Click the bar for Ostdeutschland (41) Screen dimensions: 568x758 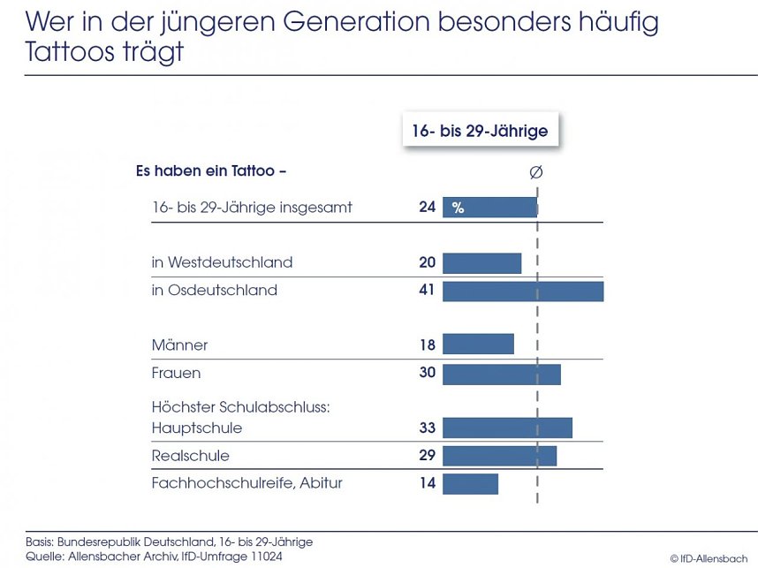[523, 291]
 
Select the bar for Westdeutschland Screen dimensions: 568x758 [481, 263]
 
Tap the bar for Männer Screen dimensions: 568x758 [478, 345]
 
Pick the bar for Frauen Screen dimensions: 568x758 [501, 374]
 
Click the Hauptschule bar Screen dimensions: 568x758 [507, 428]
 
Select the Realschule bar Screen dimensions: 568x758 [499, 456]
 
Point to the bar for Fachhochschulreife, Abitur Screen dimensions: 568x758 [470, 484]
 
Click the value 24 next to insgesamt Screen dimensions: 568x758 [428, 208]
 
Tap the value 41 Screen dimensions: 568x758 [428, 290]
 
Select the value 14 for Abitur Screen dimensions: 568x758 [428, 483]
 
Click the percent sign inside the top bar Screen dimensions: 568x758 [458, 208]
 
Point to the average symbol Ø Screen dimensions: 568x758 [535, 172]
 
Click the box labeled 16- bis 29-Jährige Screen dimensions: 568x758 [480, 131]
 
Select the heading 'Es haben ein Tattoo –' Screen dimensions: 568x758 [210, 170]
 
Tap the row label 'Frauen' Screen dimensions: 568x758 [176, 373]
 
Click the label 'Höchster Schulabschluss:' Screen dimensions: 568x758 [240, 407]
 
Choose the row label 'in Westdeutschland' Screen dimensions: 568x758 [222, 262]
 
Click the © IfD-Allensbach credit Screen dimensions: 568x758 [709, 558]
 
